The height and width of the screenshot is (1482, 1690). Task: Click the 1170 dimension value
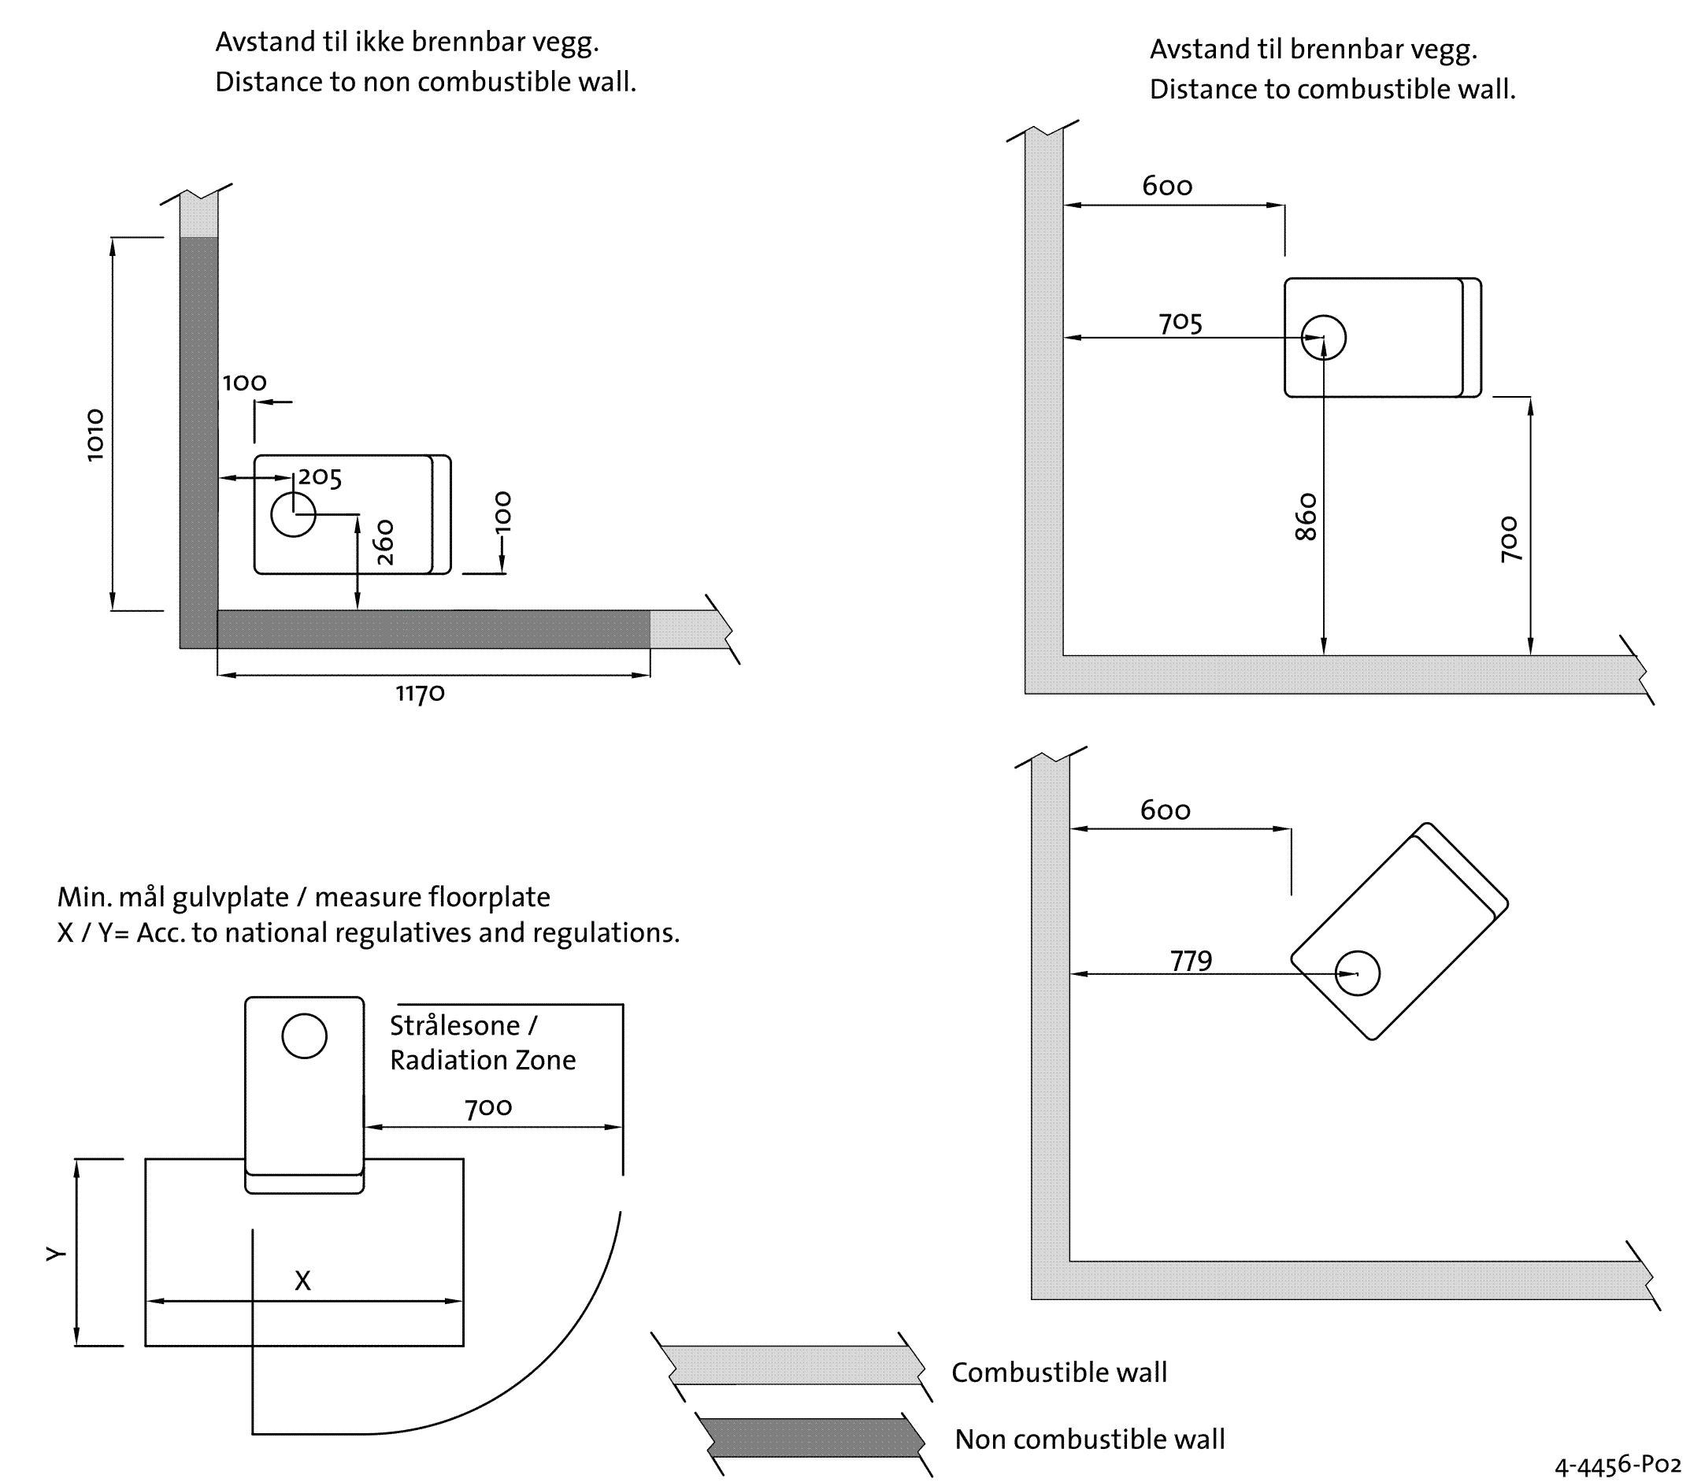420,693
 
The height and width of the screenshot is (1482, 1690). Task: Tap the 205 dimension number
320,478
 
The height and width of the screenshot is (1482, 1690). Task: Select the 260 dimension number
384,543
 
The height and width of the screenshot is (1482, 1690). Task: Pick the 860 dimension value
1306,517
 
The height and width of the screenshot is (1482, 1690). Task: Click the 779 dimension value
1191,961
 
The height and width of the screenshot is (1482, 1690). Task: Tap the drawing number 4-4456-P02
1618,1465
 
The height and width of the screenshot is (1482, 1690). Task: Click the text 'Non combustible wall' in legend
1089,1439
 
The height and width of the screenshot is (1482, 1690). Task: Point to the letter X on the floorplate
302,1281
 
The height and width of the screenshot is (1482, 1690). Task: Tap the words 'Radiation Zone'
483,1060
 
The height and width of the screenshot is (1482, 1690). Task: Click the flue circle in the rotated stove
1358,973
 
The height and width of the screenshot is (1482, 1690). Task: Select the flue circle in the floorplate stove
304,1036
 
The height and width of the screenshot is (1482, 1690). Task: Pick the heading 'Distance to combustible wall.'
1332,89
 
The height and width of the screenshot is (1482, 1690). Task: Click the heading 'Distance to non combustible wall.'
426,82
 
